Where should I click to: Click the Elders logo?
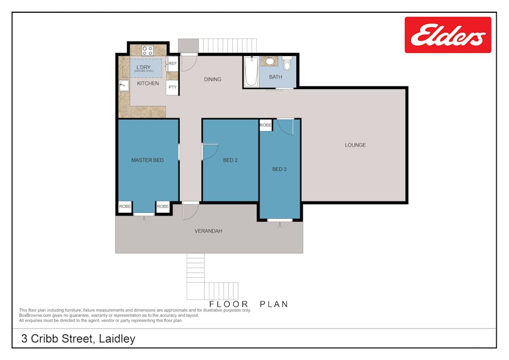pyautogui.click(x=448, y=35)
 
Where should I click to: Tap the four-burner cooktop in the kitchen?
pyautogui.click(x=148, y=51)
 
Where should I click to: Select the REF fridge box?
pyautogui.click(x=173, y=63)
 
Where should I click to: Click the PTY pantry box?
pyautogui.click(x=172, y=87)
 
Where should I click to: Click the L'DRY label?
pyautogui.click(x=143, y=67)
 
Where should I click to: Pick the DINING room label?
pyautogui.click(x=212, y=79)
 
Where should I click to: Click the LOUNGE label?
pyautogui.click(x=355, y=145)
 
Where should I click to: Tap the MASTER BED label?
pyautogui.click(x=147, y=160)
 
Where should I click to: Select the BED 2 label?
pyautogui.click(x=230, y=160)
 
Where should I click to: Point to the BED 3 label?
pyautogui.click(x=279, y=169)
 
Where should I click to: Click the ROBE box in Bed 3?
pyautogui.click(x=265, y=125)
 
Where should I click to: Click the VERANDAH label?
pyautogui.click(x=208, y=231)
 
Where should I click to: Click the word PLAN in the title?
pyautogui.click(x=274, y=304)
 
